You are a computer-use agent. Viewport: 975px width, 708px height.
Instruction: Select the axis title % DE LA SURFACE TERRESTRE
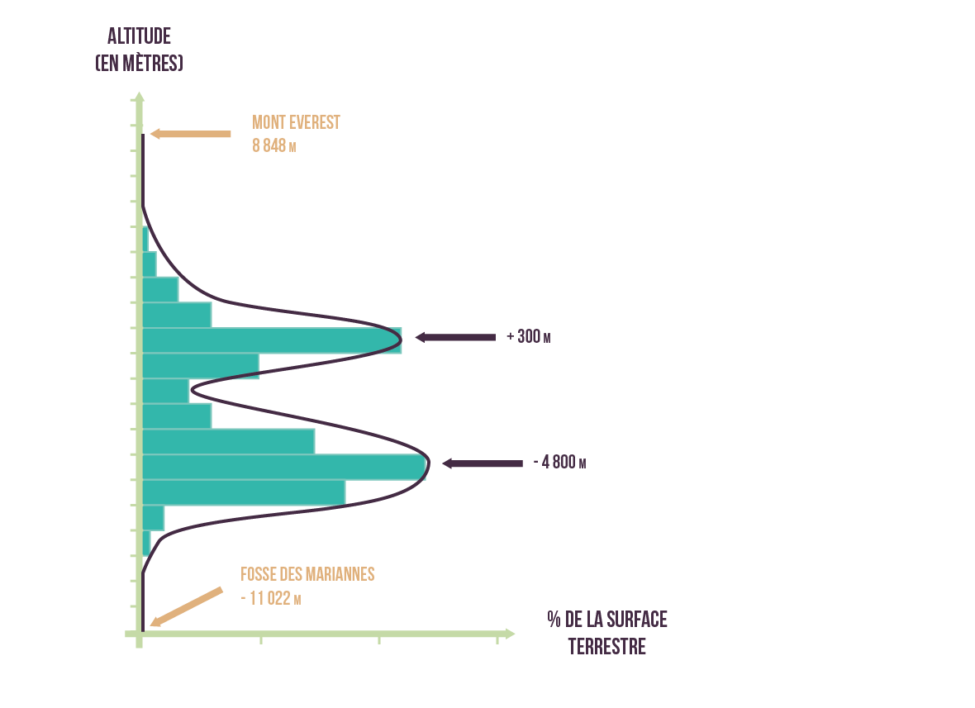607,632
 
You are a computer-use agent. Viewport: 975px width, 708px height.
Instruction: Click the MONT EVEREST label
296,122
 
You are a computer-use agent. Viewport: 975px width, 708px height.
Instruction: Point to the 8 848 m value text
273,146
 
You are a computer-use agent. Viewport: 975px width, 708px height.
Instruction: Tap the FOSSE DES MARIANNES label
307,573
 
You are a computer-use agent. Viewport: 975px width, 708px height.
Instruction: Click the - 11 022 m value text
270,598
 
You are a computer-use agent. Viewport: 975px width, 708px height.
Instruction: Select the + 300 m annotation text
528,337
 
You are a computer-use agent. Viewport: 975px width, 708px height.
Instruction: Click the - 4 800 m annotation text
559,463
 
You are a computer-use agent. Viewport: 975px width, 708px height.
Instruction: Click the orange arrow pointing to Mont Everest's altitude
191,134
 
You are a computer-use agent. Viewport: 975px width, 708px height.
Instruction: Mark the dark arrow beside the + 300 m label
455,337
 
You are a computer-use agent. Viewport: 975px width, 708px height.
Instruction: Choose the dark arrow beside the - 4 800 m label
483,463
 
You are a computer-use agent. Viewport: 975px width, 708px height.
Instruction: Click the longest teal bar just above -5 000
284,467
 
